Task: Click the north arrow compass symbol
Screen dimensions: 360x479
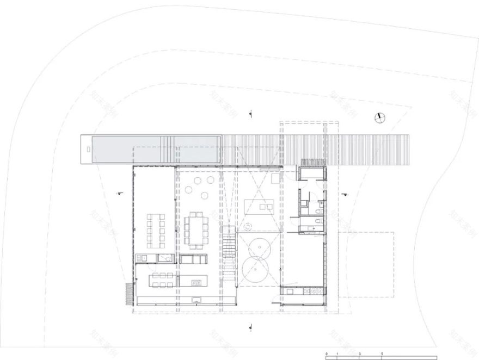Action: coord(380,117)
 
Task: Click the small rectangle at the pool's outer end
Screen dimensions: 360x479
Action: coord(88,148)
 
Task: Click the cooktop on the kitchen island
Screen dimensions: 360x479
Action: coord(196,282)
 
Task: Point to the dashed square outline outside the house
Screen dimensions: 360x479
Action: coord(366,264)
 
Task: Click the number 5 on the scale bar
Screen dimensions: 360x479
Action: coord(382,354)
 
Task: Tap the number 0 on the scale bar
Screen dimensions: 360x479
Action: coord(327,354)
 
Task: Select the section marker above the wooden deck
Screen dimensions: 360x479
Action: coord(250,114)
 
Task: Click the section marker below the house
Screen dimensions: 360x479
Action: coord(250,327)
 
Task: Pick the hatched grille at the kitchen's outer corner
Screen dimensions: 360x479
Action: coord(129,294)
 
